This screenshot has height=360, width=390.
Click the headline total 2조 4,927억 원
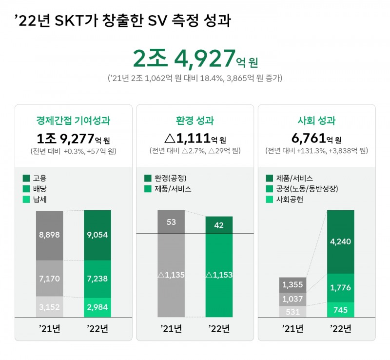pos(195,58)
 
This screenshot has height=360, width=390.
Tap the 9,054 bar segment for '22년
pos(97,235)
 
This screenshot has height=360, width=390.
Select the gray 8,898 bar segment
pos(49,235)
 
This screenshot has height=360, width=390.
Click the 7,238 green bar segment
pos(97,279)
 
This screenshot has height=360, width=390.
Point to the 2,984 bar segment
pos(97,307)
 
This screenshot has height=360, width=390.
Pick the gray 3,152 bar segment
pos(49,307)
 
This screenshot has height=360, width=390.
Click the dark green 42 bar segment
pos(219,225)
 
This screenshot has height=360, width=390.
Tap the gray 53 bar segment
pos(171,222)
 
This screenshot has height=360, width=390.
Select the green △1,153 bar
pos(219,275)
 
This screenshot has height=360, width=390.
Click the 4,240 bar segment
pos(341,241)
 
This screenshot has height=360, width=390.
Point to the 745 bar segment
pos(341,309)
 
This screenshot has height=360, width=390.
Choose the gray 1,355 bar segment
pos(292,285)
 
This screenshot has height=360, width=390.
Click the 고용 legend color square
pos(26,178)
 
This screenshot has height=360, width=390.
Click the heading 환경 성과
pos(195,120)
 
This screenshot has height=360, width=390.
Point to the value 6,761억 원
pos(316,138)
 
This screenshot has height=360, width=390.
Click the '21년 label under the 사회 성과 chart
pos(292,328)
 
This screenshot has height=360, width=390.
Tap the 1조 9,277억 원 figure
pos(73,138)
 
